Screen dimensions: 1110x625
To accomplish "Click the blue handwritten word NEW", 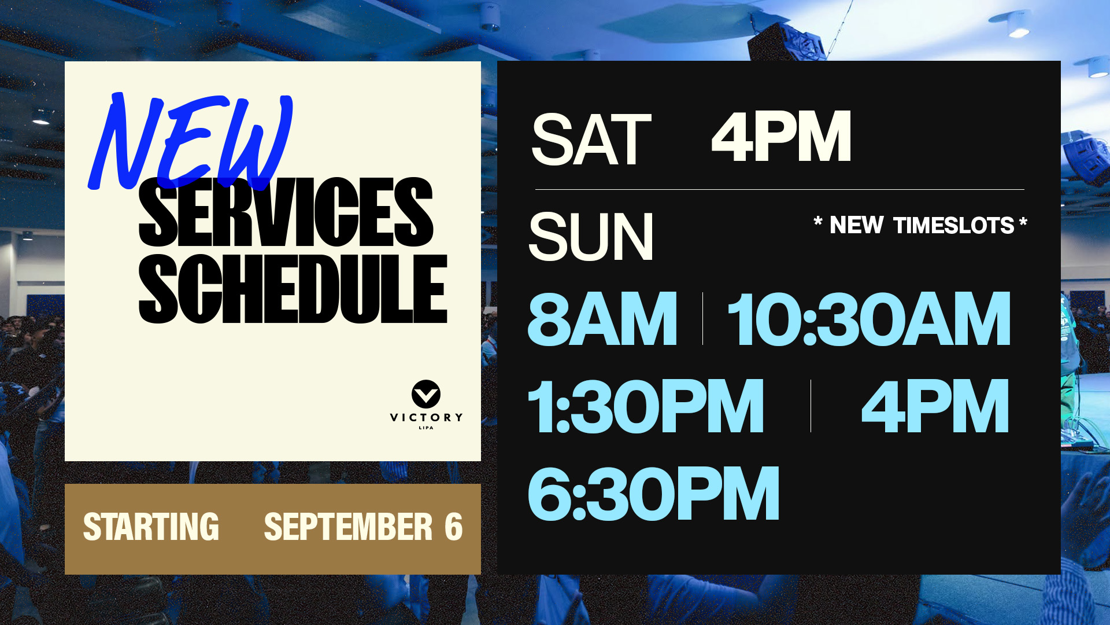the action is click(191, 142).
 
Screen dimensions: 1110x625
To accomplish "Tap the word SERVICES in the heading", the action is click(286, 212).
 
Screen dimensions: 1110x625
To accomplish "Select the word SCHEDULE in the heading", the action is click(293, 288).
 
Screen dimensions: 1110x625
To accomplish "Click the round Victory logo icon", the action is click(426, 395).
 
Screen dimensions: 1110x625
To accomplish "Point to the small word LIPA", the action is click(426, 428).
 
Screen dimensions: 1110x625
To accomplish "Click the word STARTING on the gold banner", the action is click(151, 527).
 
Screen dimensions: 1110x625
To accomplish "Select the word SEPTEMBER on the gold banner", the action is click(348, 527).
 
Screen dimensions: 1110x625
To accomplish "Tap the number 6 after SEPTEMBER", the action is click(454, 527).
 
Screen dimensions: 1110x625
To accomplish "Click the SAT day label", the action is click(591, 139).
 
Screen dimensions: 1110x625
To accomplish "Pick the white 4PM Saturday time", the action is click(781, 137).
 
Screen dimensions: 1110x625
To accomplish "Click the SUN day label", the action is click(590, 237).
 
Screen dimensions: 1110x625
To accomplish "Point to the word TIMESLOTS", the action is click(954, 225).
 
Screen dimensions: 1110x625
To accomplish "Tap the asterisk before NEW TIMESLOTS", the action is click(818, 221).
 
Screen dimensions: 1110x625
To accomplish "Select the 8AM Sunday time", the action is click(602, 319).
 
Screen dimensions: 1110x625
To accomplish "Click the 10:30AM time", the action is click(869, 319).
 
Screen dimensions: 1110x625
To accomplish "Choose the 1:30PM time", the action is click(646, 406).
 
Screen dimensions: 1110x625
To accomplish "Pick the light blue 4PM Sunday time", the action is click(935, 406).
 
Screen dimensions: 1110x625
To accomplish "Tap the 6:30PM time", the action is click(654, 493).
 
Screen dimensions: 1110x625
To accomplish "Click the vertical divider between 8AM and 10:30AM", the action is click(702, 319).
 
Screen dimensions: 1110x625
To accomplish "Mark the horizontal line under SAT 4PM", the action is click(780, 189).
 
